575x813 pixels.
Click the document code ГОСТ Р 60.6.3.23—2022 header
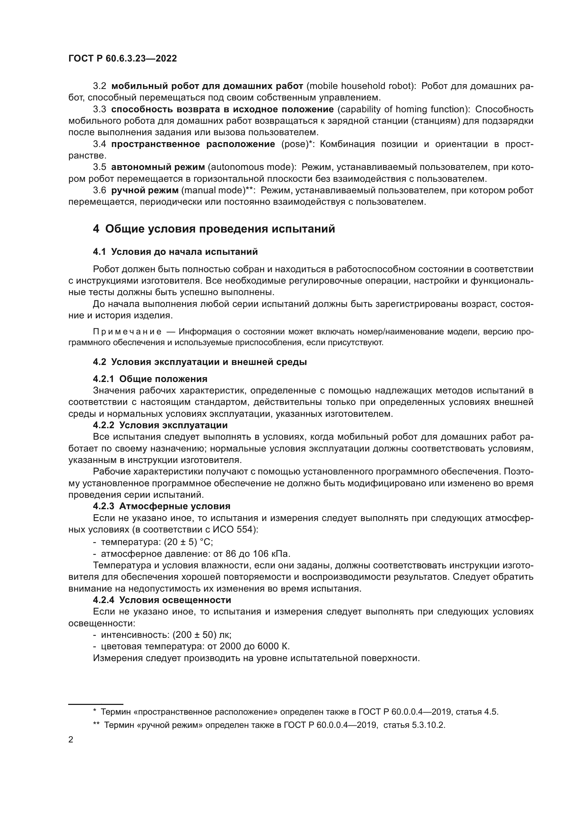click(x=122, y=59)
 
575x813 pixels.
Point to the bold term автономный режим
click(x=158, y=167)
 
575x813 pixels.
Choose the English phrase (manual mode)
click(x=215, y=190)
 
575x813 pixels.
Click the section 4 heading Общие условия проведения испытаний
click(x=214, y=229)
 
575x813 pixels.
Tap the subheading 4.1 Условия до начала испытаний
click(x=175, y=252)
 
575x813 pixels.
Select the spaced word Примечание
click(x=127, y=332)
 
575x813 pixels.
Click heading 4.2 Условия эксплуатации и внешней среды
click(x=200, y=362)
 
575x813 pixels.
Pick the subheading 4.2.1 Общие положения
click(x=150, y=379)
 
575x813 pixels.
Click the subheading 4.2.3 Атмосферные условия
click(x=161, y=506)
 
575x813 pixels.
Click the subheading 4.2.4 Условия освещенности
click(x=162, y=600)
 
